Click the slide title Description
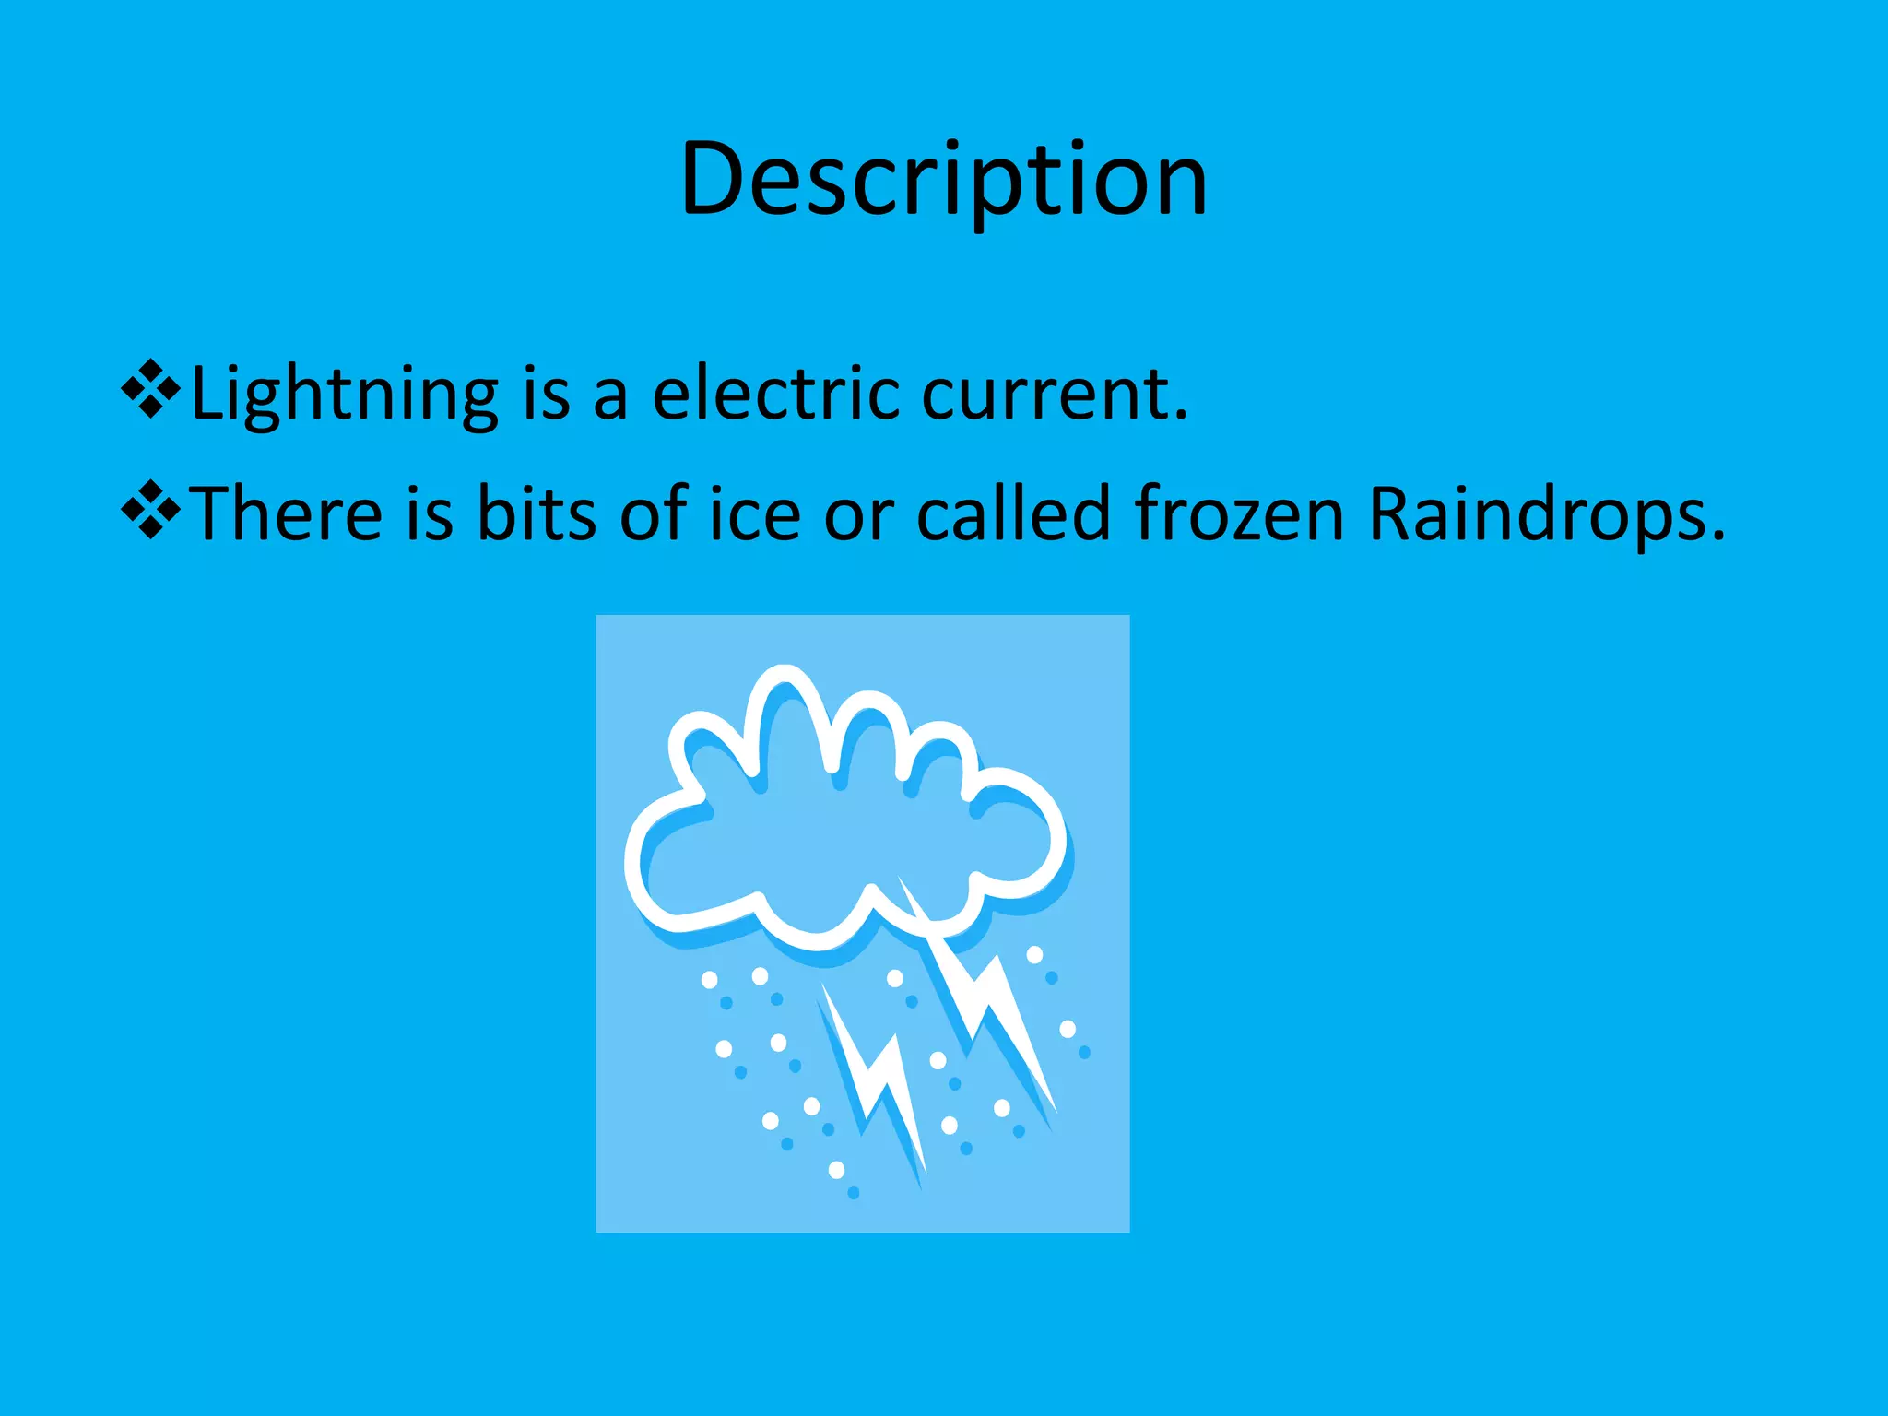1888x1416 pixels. click(943, 179)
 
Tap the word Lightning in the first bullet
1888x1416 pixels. click(344, 395)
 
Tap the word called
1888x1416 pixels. click(1013, 513)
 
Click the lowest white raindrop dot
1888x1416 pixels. click(836, 1170)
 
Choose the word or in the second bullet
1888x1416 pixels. click(858, 513)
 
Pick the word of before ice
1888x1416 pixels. click(654, 513)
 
